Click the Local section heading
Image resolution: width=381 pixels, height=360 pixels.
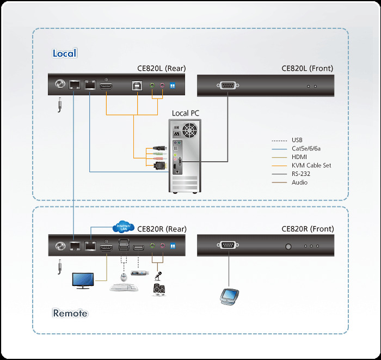(x=64, y=53)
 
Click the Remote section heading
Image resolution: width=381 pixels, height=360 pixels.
(x=70, y=313)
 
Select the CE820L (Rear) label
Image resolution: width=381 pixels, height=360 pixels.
(x=161, y=69)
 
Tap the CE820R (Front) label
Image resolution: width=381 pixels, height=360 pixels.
(x=308, y=229)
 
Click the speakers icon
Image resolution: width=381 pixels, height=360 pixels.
(x=158, y=289)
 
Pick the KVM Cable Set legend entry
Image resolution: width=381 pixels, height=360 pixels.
(x=311, y=165)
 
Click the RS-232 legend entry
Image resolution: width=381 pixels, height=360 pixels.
(x=300, y=174)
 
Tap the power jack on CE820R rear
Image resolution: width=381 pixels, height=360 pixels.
(x=59, y=246)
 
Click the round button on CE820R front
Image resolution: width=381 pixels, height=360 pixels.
(x=288, y=246)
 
